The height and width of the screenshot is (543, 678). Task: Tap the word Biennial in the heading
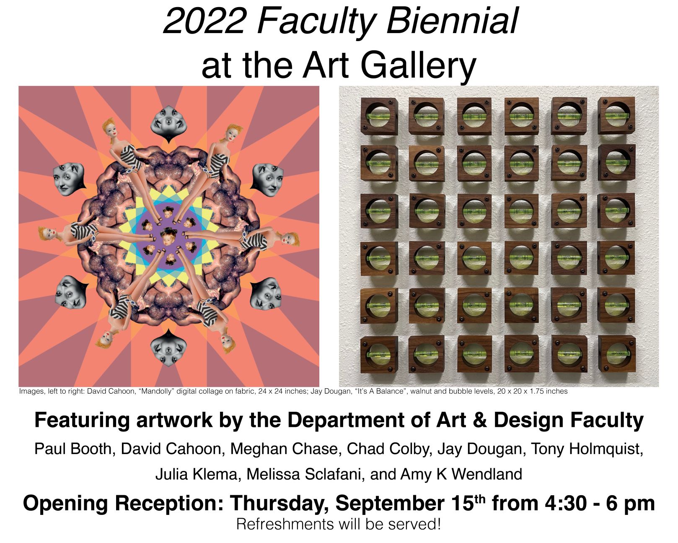click(453, 21)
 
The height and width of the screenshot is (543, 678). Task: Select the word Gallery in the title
click(418, 67)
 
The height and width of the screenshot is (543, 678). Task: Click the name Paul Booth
click(72, 448)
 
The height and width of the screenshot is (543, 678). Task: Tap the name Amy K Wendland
click(461, 474)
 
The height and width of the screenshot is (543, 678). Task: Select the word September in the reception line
click(391, 504)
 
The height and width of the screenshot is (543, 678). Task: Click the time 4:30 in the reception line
click(566, 504)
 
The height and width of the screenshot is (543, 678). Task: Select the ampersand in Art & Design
click(480, 420)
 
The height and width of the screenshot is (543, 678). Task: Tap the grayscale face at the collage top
click(168, 124)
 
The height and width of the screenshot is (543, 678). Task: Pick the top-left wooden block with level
click(379, 117)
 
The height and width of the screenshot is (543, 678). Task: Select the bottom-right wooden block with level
click(616, 354)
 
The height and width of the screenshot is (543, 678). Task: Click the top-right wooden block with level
click(616, 116)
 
